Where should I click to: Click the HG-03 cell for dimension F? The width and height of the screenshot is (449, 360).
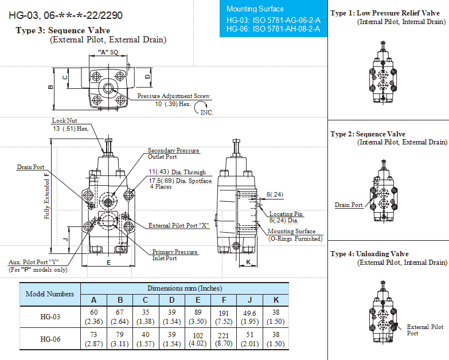tap(224, 317)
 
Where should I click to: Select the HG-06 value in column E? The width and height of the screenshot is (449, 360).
tap(198, 339)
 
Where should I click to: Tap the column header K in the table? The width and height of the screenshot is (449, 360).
tap(276, 300)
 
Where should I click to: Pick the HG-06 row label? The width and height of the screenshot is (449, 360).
tap(50, 339)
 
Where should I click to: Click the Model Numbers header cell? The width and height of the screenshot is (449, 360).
tap(50, 294)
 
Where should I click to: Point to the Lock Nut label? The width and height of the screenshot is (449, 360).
tap(64, 120)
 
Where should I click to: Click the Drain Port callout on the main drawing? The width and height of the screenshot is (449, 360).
tap(30, 167)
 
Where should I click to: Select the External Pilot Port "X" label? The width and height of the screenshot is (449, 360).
tap(179, 225)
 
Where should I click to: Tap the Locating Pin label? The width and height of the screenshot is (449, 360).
tap(286, 214)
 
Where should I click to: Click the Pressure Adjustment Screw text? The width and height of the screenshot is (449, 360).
tap(174, 96)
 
